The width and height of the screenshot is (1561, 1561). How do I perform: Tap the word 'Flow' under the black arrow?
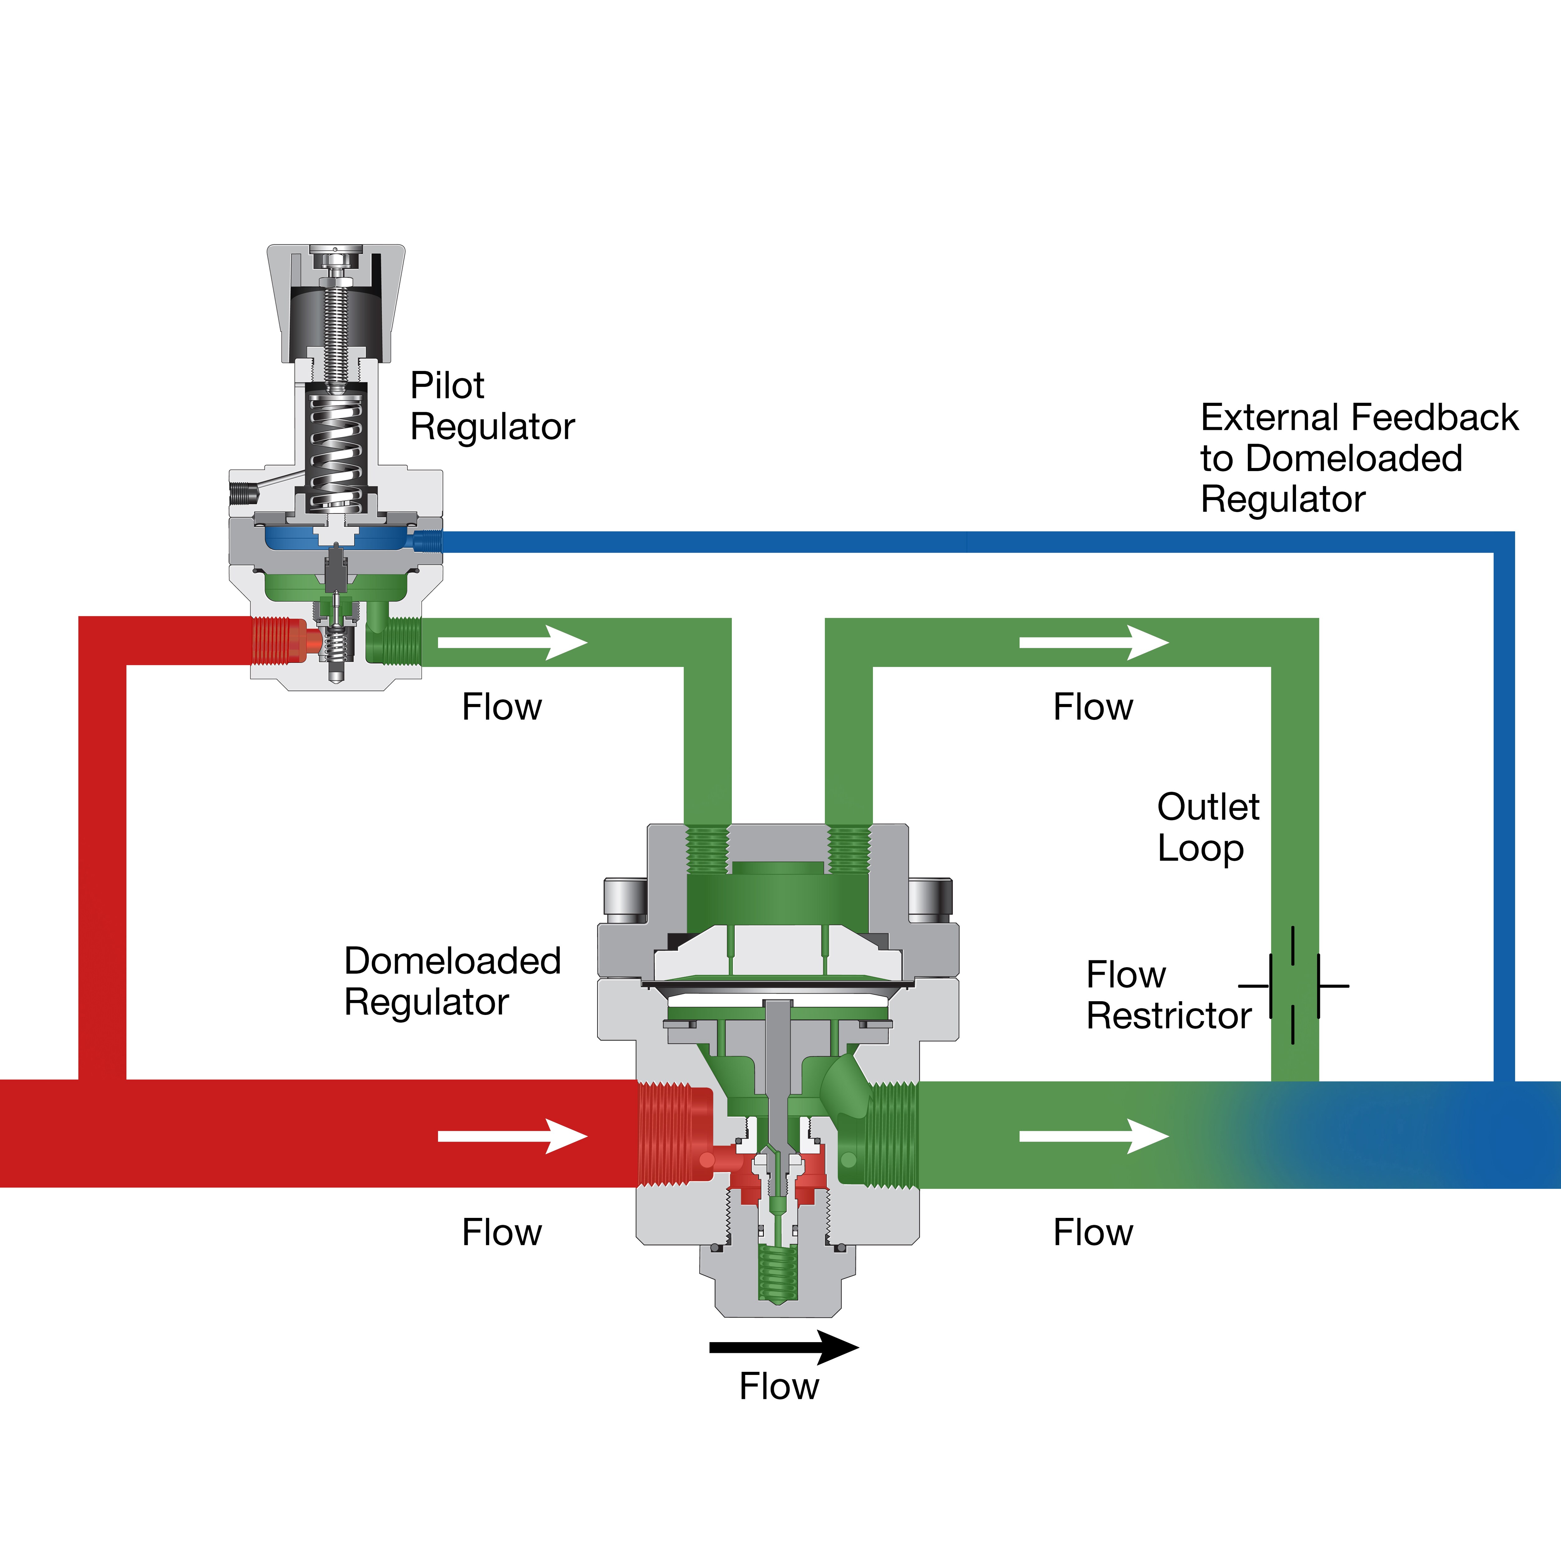point(779,1386)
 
